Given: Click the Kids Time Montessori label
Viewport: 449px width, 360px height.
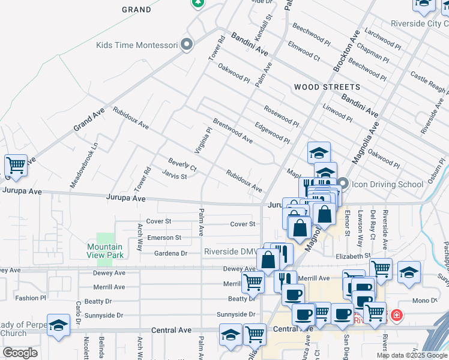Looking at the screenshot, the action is [x=137, y=45].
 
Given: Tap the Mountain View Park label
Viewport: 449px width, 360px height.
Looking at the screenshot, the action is [x=104, y=251].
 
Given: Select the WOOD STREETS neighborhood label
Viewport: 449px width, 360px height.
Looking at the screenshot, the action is [x=327, y=87].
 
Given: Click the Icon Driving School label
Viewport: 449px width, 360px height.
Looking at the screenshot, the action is [x=388, y=184].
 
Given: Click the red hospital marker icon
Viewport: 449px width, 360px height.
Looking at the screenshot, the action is [x=396, y=315].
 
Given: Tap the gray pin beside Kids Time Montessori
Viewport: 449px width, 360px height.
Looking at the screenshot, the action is [x=187, y=44].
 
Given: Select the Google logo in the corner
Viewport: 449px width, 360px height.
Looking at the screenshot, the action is [x=20, y=353].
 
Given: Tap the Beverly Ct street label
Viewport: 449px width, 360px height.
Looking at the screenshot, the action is [x=182, y=165].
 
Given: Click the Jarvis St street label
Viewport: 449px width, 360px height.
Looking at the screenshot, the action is [x=174, y=176].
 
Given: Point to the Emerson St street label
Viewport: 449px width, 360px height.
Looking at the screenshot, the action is [x=164, y=238].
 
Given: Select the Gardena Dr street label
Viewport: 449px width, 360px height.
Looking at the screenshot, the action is [x=171, y=253].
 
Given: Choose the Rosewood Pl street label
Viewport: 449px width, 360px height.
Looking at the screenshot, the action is [x=281, y=116].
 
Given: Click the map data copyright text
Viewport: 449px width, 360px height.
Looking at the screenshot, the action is [x=412, y=355].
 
